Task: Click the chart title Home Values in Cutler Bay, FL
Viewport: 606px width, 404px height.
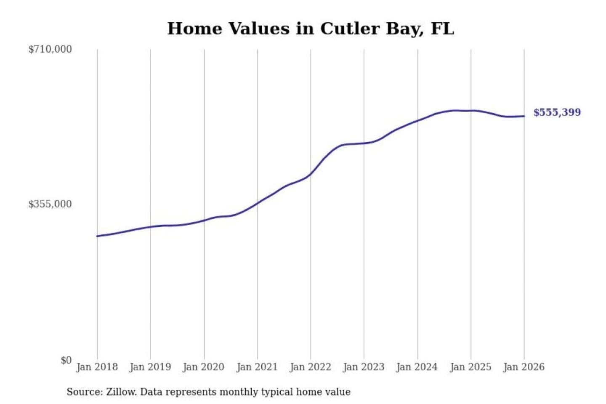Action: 311,29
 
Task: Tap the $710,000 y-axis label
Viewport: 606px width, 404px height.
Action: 50,49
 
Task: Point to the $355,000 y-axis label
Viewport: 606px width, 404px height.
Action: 50,204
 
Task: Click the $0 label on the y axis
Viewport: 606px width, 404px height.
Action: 66,360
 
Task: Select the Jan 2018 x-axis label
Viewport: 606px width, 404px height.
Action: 97,367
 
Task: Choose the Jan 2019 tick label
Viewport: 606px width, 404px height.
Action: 150,367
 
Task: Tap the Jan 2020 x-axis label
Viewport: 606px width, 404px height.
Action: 204,367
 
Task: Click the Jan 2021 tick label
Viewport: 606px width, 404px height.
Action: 257,367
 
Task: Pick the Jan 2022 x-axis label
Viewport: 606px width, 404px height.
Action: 311,367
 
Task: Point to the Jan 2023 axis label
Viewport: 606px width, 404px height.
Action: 364,367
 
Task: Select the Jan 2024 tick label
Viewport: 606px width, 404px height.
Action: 417,367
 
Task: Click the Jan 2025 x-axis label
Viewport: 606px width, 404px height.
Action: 470,367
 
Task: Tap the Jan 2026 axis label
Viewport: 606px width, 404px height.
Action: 524,367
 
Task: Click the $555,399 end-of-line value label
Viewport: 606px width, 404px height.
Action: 557,112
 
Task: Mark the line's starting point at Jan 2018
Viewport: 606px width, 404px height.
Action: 97,236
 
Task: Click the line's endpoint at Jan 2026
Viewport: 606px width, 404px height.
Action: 524,116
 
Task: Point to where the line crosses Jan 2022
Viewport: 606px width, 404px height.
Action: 311,174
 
